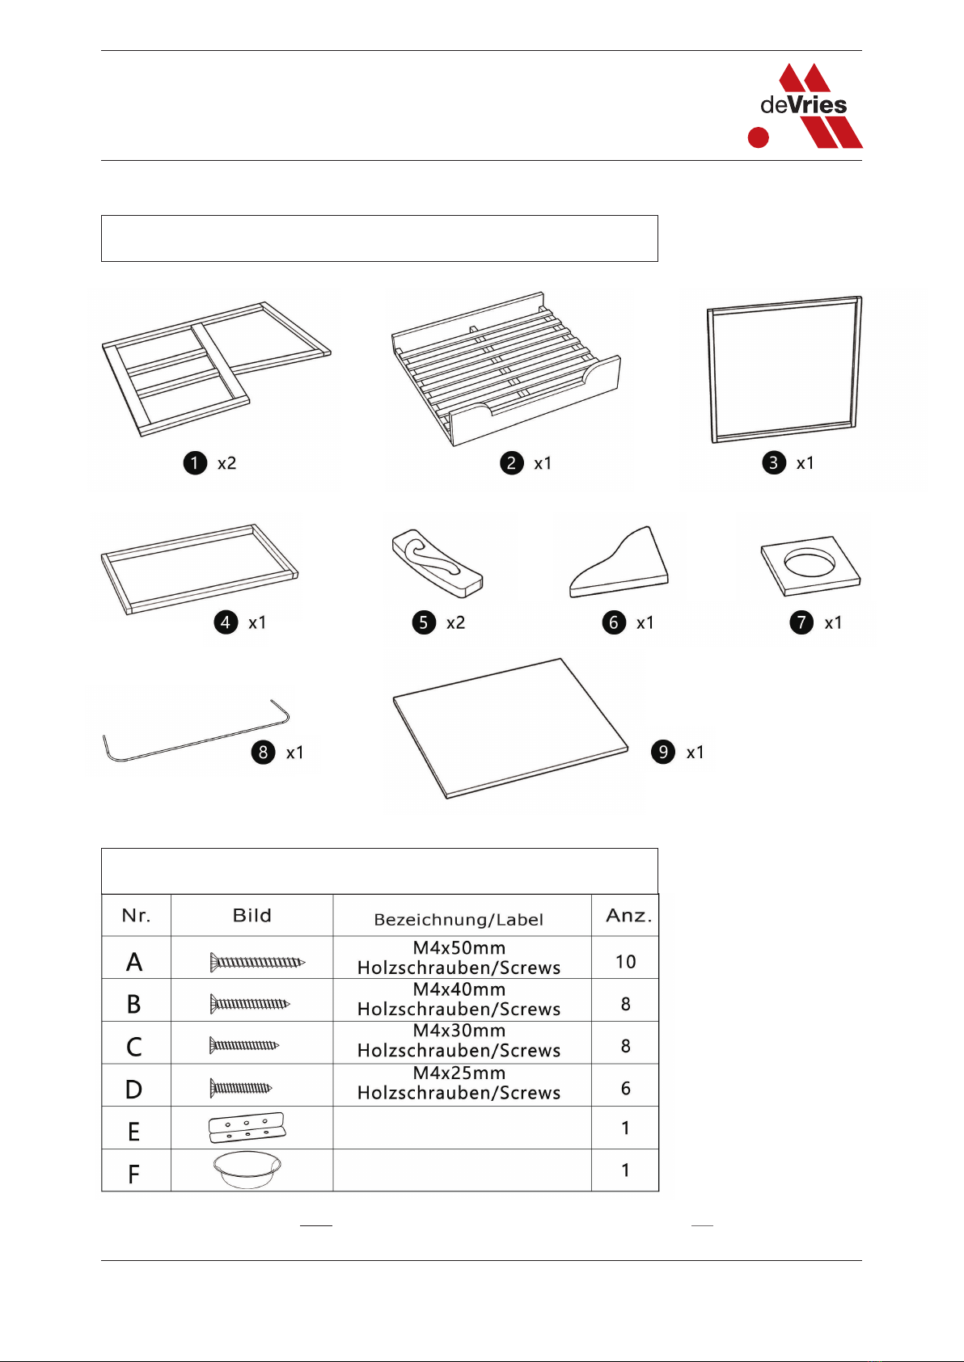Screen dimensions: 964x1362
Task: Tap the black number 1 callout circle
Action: (195, 463)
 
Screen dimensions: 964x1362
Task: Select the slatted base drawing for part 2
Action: (506, 369)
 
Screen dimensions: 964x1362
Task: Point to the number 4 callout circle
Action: (226, 622)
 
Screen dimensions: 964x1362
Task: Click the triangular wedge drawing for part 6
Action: (619, 562)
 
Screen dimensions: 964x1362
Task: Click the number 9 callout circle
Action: (663, 753)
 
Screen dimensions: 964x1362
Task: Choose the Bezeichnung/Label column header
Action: (459, 920)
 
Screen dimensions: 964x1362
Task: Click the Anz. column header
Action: (629, 916)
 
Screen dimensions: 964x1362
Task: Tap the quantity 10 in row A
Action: (625, 962)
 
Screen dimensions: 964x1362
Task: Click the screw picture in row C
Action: (244, 1046)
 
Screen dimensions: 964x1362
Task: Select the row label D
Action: (133, 1089)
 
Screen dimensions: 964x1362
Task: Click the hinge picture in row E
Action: (247, 1128)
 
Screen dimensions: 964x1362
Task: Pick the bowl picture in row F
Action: (247, 1170)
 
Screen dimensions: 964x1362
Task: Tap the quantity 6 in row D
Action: (625, 1088)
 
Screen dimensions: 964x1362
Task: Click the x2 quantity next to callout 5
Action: (455, 622)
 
